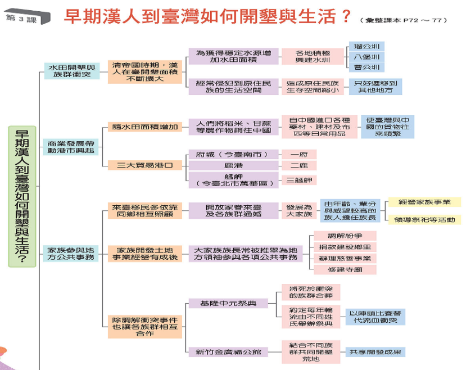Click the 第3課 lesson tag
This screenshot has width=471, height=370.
point(21,18)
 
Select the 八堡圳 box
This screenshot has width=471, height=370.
point(366,57)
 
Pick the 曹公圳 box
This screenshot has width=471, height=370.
point(366,67)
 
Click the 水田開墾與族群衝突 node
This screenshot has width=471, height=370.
point(71,71)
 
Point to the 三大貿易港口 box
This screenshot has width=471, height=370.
point(144,165)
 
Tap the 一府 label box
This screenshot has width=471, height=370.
point(299,154)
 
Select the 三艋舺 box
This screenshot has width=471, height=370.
point(299,181)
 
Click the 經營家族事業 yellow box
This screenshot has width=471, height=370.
point(425,202)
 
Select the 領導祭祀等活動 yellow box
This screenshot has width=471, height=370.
point(425,219)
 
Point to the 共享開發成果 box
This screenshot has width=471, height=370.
point(374,353)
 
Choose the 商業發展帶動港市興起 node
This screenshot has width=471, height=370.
point(71,147)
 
